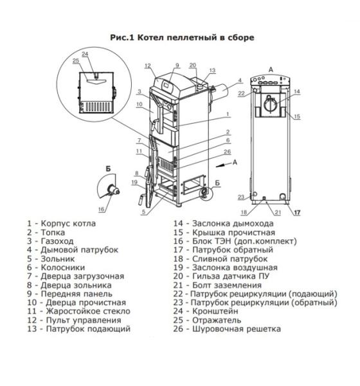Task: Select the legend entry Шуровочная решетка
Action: pos(235,329)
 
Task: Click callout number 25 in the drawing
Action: pos(76,60)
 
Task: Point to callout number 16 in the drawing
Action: pos(102,210)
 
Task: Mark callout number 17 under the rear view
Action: pos(296,212)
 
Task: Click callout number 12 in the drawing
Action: pos(147,66)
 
